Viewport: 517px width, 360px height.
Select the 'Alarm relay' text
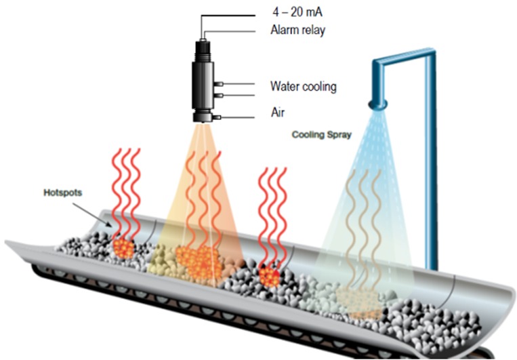click(297, 31)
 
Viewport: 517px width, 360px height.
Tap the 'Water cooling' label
click(303, 86)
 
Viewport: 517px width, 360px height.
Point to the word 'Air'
click(278, 113)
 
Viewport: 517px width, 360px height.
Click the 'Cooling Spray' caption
click(321, 135)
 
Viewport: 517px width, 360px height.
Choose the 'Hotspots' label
click(62, 193)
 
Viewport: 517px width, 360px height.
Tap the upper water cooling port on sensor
click(219, 85)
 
